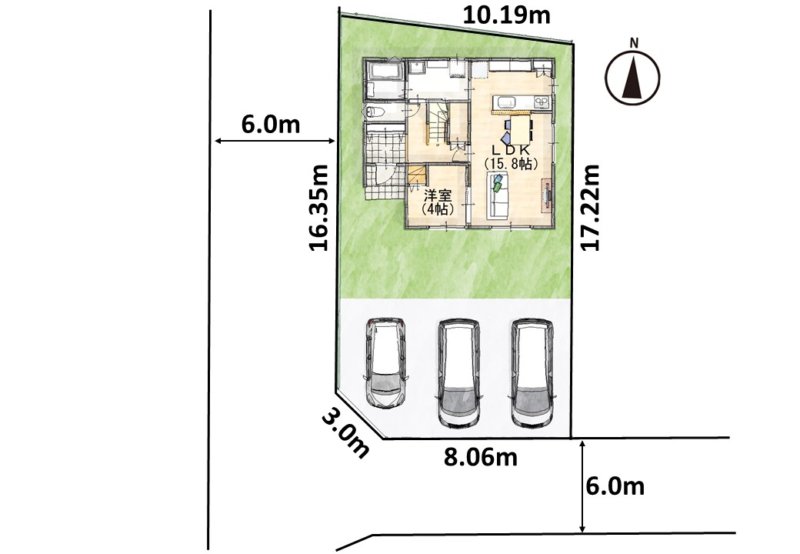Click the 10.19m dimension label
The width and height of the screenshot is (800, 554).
506,15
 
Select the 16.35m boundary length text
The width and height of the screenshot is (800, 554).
319,208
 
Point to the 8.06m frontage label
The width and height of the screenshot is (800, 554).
480,457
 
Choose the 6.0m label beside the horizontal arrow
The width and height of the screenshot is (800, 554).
271,124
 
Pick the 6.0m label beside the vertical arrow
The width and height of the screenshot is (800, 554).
615,486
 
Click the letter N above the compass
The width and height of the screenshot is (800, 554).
634,43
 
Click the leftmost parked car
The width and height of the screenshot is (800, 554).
385,363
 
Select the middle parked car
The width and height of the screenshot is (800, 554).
459,373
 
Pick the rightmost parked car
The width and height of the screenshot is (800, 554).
532,373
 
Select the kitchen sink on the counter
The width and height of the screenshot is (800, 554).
506,102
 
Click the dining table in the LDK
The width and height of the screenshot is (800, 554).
518,130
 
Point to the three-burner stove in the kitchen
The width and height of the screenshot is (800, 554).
541,102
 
